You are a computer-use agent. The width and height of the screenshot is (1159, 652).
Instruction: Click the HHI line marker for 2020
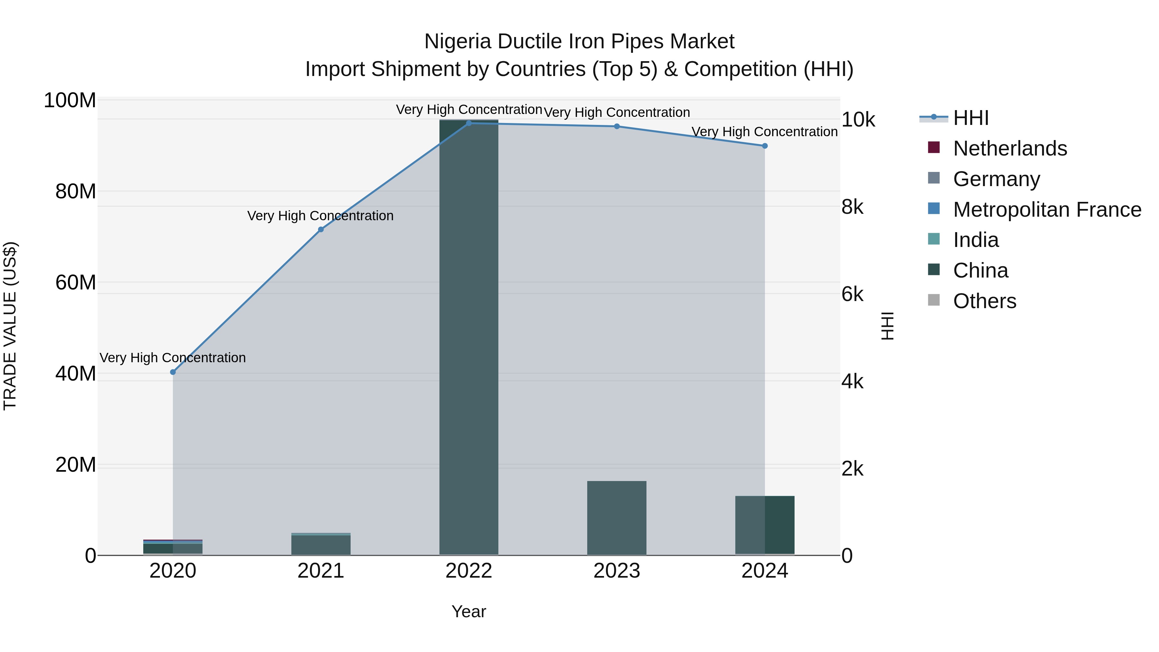(x=173, y=372)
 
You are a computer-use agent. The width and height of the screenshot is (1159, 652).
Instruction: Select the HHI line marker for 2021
(x=321, y=230)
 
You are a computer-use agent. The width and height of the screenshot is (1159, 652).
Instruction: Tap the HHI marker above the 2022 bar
(x=469, y=123)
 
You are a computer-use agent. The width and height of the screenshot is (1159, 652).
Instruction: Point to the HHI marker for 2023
(x=617, y=127)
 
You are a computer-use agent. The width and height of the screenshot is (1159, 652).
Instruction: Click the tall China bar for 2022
(x=469, y=337)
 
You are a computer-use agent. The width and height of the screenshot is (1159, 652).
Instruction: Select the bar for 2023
(x=617, y=517)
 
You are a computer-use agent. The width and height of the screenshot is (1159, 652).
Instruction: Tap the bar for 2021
(x=321, y=545)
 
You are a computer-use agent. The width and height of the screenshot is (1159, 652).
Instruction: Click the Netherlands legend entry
(x=1010, y=148)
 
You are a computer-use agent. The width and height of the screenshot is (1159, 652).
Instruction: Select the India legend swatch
(x=934, y=239)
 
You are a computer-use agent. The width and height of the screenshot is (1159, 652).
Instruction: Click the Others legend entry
(x=985, y=301)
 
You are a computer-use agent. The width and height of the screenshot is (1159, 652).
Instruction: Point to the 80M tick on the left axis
(x=75, y=192)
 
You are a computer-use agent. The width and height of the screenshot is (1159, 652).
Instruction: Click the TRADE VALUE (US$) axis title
(x=10, y=326)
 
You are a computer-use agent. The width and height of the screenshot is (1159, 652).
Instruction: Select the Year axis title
(x=468, y=611)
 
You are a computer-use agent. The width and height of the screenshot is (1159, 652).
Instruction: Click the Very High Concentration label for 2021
(x=320, y=216)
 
